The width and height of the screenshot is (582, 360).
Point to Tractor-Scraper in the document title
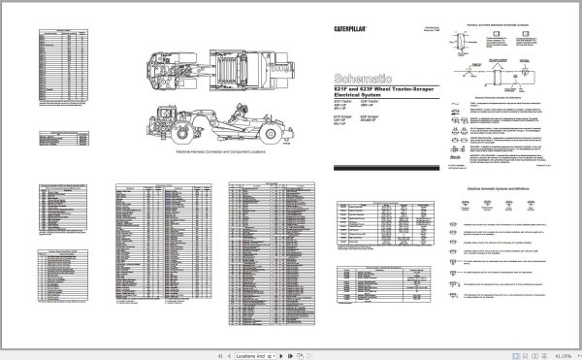(412, 88)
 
